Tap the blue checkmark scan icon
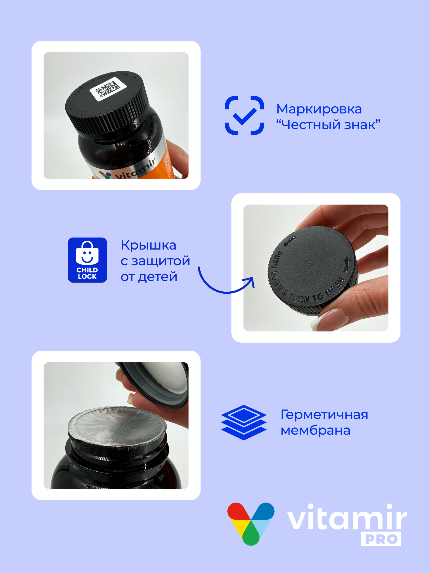coord(245,115)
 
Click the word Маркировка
coord(319,109)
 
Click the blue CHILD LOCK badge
coord(87,260)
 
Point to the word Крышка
coord(148,245)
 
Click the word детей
coord(158,277)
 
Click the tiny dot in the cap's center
coord(309,264)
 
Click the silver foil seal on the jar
coord(118,424)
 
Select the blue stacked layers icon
coord(244,422)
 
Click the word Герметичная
coord(324,415)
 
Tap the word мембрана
coord(315,431)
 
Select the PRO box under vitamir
coord(381,539)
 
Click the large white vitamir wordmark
coord(347,518)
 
